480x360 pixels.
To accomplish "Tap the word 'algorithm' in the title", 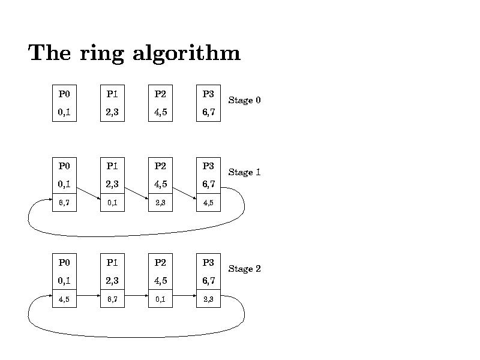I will (186, 54).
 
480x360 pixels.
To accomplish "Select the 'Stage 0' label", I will (244, 100).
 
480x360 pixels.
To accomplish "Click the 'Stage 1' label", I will (244, 172).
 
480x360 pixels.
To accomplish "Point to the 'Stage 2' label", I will (244, 269).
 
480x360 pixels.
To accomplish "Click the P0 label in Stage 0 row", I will (64, 94).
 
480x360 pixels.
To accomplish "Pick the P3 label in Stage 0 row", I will (208, 94).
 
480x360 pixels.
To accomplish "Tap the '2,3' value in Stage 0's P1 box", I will (112, 112).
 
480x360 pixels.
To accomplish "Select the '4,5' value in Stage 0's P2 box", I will (160, 112).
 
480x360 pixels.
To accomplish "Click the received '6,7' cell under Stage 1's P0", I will (64, 203).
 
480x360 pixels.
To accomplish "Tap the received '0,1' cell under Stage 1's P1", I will (112, 203).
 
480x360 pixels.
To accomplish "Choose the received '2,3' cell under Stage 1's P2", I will (160, 203).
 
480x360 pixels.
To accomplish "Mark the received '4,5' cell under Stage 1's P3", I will (208, 203).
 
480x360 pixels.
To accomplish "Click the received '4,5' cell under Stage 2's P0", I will (64, 299).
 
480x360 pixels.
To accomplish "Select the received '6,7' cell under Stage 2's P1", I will (112, 299).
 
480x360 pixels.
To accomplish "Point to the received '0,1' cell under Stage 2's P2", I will (160, 299).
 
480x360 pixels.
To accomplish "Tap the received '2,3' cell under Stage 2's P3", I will (208, 299).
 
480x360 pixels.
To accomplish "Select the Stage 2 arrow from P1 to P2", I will (136, 296).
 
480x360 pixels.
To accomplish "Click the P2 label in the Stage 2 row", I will (160, 262).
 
